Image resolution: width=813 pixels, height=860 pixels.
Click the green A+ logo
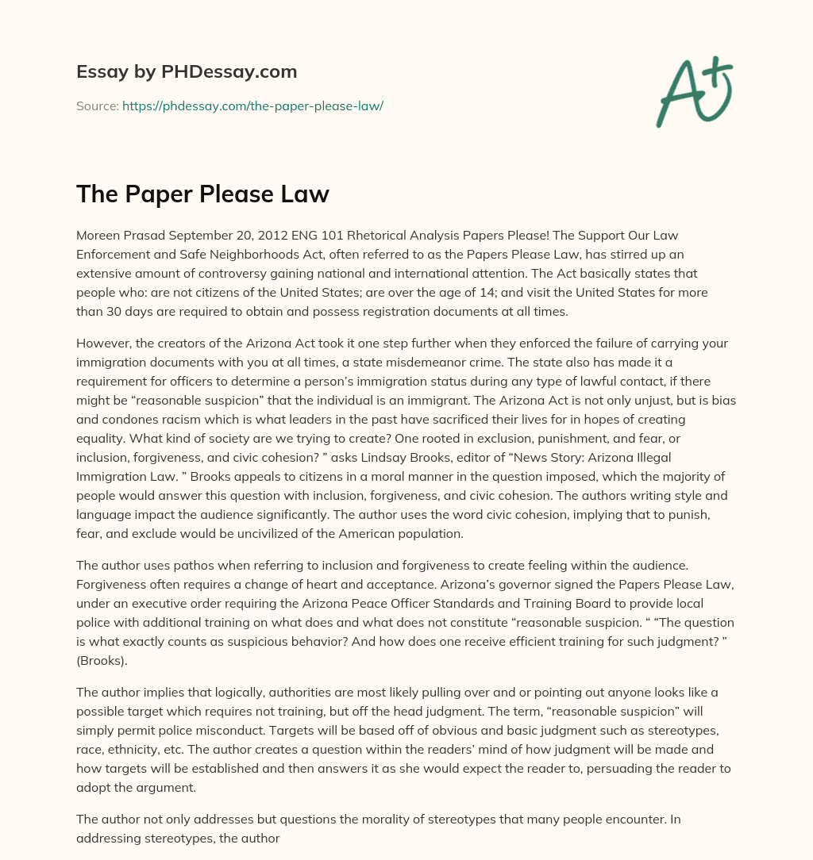(x=694, y=92)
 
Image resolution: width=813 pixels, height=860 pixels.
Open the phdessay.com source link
(x=252, y=106)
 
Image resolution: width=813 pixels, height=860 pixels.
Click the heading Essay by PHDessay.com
(x=187, y=71)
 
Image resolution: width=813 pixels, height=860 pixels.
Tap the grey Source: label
(x=98, y=106)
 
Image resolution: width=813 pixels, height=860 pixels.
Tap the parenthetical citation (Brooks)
(x=101, y=642)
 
